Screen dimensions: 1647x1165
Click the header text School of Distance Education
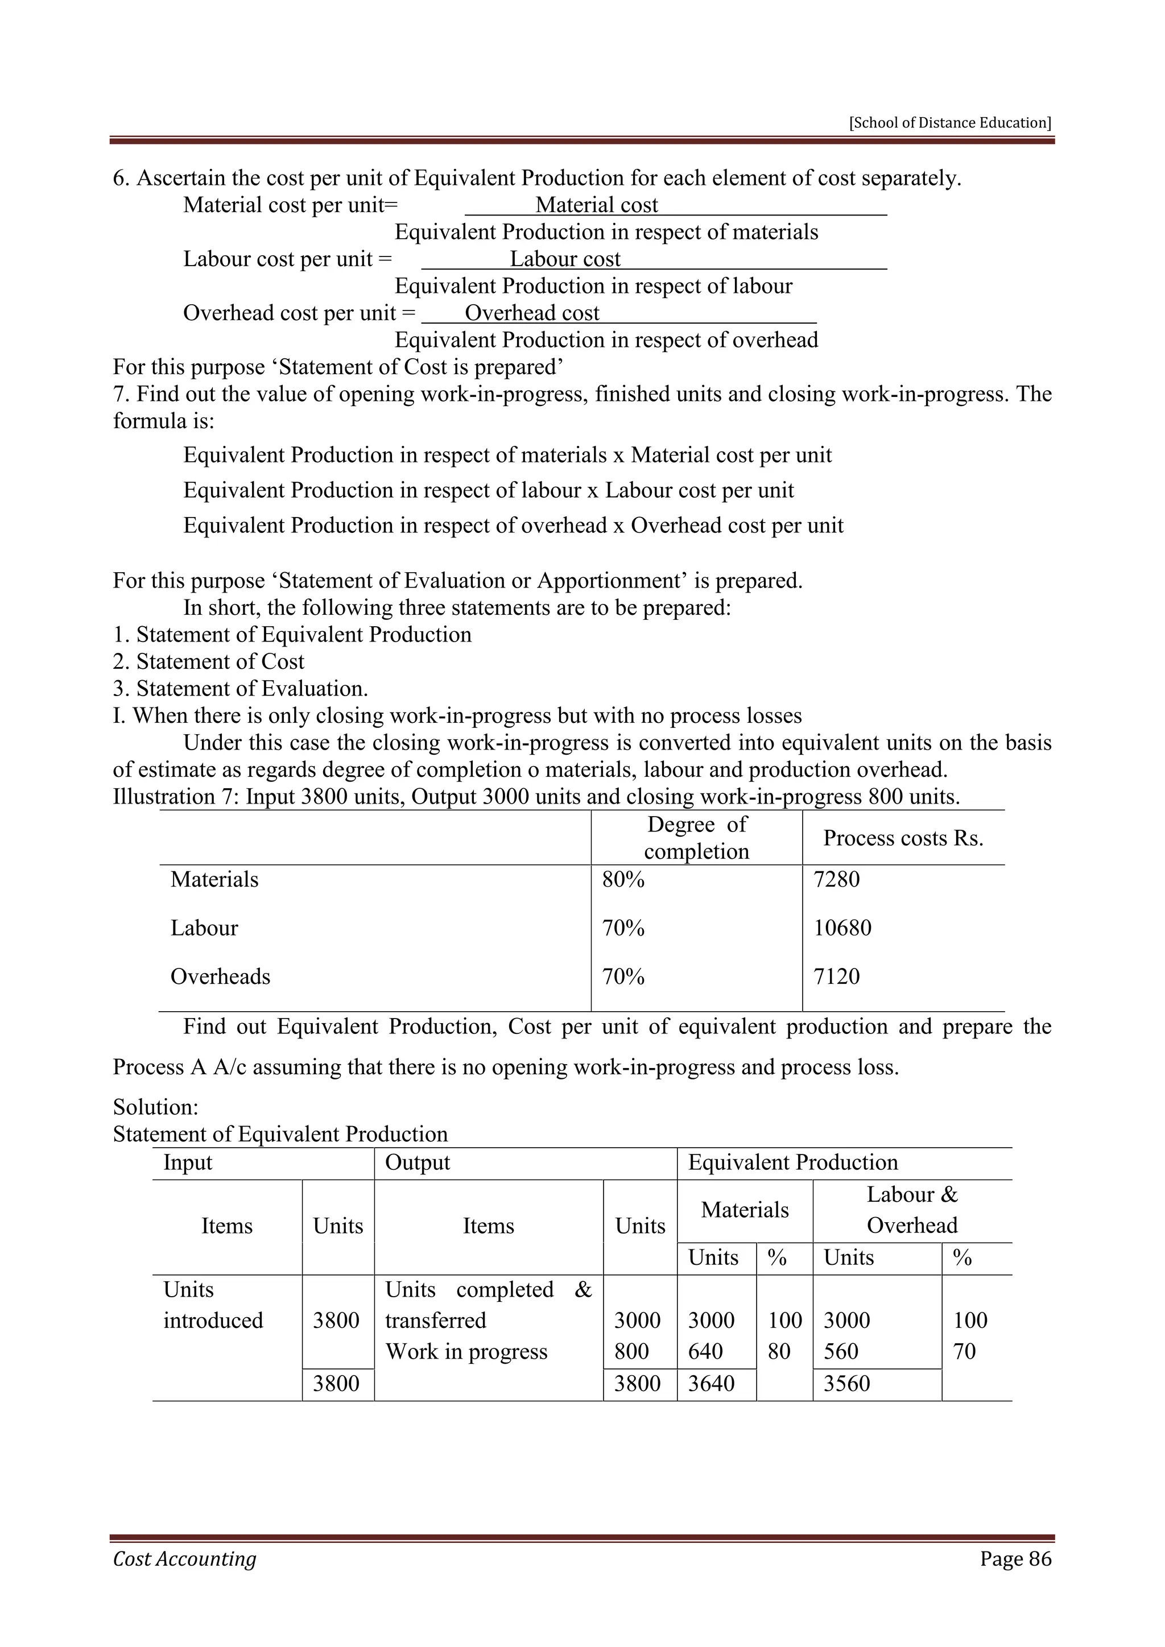[950, 123]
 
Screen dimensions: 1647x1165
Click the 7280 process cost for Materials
[836, 879]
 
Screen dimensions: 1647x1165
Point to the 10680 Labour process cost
[842, 928]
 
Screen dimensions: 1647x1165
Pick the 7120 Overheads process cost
[836, 976]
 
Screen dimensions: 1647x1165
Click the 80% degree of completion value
[623, 879]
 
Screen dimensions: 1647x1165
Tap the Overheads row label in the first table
[220, 976]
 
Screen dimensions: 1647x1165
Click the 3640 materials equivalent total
[711, 1383]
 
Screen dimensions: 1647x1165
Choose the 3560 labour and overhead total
[846, 1383]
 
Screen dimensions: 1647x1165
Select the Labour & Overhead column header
[912, 1210]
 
